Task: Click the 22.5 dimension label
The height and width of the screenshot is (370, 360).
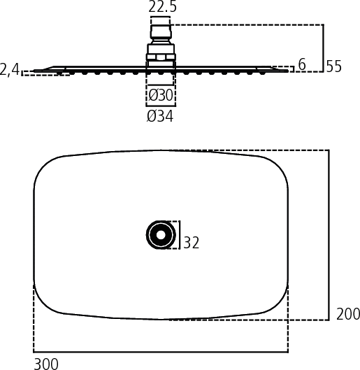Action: pos(162,6)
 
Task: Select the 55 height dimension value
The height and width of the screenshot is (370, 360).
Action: pos(334,66)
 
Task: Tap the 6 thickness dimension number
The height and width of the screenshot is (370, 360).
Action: pos(302,64)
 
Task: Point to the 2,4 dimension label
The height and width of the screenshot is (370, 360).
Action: pos(9,70)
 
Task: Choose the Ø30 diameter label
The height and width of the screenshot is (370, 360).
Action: pos(161,95)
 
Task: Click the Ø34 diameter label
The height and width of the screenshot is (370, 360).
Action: pos(160,116)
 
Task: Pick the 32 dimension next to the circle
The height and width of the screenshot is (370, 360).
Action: pos(192,243)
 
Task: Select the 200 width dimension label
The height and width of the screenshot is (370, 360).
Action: pos(348,314)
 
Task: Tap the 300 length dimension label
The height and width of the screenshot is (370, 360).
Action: pos(46,364)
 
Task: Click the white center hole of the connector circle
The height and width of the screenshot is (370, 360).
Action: pos(161,235)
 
